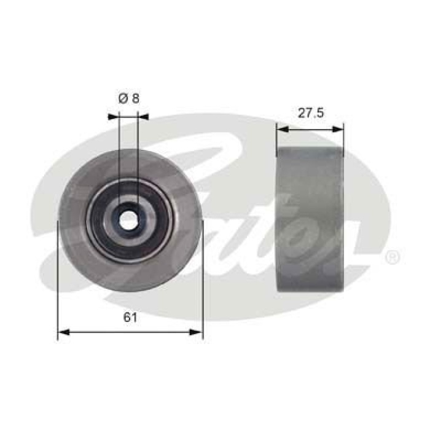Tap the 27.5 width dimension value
coord(310,112)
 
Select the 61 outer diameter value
coord(129,318)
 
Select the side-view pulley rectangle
coord(310,220)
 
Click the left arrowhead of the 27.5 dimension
coord(281,128)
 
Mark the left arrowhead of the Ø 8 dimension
coord(112,115)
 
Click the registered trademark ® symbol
coord(392,257)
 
